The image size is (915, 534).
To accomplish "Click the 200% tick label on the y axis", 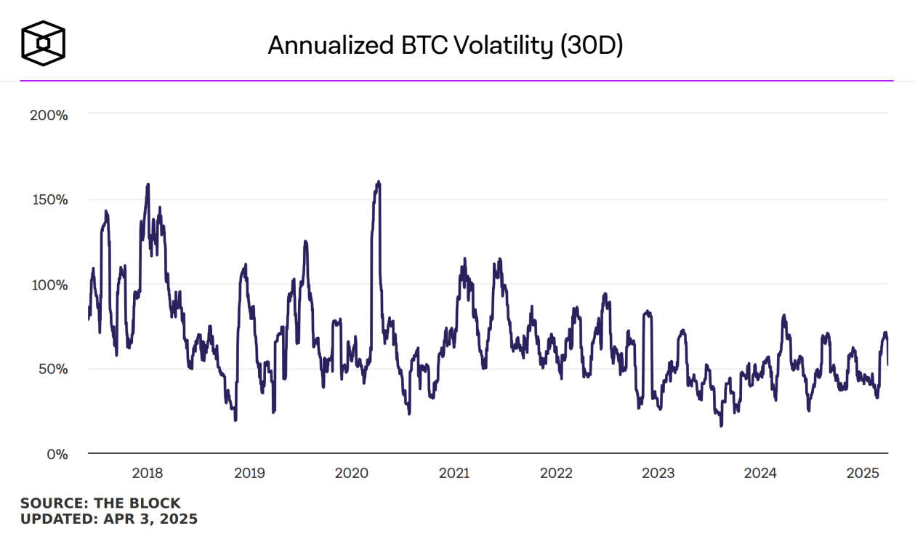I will tap(48, 115).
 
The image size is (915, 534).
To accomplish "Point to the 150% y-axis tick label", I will tap(48, 199).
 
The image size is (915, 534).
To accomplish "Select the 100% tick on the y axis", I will tap(48, 284).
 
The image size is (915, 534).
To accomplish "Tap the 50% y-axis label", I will tap(52, 369).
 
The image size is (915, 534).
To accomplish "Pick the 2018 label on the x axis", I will tap(148, 474).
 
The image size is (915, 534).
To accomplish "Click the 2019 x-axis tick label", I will tap(249, 474).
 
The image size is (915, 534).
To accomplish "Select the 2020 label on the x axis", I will tap(351, 474).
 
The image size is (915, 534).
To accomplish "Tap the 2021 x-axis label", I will tap(454, 474).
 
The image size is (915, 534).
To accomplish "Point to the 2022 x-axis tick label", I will tap(556, 474).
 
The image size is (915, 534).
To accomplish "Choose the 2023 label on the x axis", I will tap(658, 474).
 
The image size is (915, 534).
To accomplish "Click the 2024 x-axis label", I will tap(760, 474).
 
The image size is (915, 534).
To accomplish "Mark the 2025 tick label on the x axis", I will tap(863, 474).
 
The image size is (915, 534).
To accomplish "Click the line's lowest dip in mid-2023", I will tap(721, 426).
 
